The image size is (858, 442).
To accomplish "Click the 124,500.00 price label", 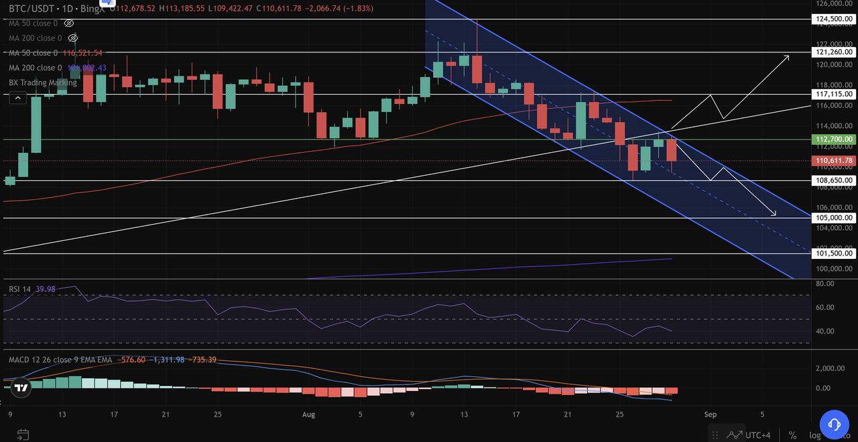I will [835, 19].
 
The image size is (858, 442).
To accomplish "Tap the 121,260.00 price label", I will [835, 52].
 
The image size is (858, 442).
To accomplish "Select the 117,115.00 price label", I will [835, 95].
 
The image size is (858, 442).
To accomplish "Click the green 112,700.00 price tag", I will [835, 140].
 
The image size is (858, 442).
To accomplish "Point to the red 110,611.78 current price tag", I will [835, 161].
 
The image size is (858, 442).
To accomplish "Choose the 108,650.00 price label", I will [835, 180].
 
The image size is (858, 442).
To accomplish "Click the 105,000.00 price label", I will [835, 218].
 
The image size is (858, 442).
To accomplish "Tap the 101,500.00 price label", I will [835, 254].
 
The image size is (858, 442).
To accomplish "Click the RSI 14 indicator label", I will [20, 289].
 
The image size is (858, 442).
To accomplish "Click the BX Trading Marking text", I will [42, 82].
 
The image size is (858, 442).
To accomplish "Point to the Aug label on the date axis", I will [308, 415].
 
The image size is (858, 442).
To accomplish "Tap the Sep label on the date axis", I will [711, 415].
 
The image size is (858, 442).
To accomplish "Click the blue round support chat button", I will [835, 425].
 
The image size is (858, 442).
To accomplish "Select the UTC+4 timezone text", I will [758, 435].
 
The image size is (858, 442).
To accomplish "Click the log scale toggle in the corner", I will [815, 435].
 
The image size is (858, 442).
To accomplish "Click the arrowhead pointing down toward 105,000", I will [774, 214].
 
